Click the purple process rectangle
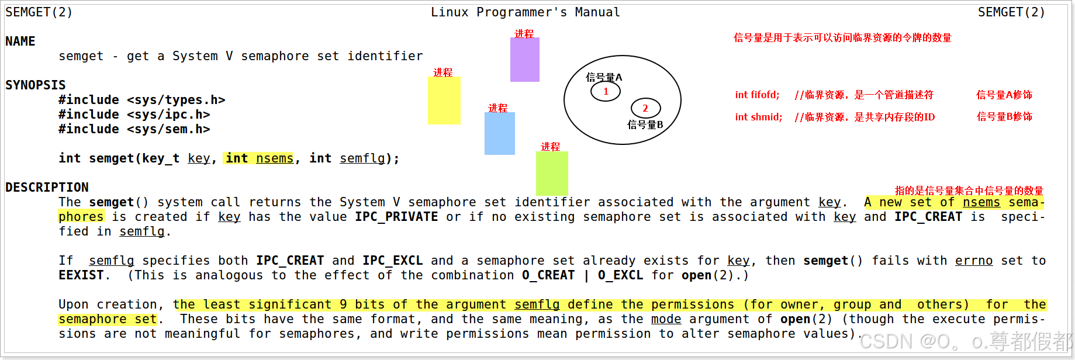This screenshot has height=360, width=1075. (524, 60)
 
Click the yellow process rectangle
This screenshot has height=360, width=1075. (444, 101)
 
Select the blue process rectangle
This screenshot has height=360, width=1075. (499, 133)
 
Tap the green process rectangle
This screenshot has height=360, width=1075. (552, 174)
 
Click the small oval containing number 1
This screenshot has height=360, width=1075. (605, 91)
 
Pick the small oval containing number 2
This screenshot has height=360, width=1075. (645, 108)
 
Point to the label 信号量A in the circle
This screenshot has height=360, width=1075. (604, 77)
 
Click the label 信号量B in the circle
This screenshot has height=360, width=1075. (645, 124)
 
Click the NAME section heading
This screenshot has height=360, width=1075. (20, 41)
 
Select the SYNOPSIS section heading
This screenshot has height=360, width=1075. (36, 85)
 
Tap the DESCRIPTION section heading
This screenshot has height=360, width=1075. (47, 188)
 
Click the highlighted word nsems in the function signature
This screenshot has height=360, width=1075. (275, 158)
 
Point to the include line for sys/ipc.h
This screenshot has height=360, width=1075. (134, 115)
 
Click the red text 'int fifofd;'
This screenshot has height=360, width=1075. (757, 95)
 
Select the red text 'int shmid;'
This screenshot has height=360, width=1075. (758, 117)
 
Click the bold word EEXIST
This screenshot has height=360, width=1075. (81, 275)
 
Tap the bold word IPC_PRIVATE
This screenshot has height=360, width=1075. (396, 217)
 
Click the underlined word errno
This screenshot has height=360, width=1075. (974, 261)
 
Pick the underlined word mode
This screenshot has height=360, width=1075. (666, 319)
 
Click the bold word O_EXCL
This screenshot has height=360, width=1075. (620, 275)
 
